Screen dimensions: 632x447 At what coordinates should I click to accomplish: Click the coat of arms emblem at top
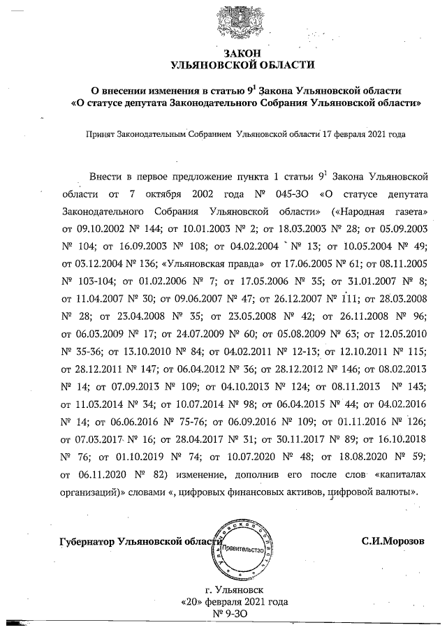click(x=235, y=22)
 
